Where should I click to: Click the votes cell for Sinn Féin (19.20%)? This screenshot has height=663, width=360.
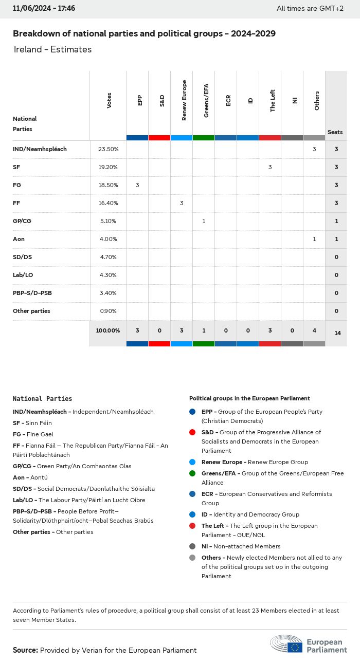[108, 167]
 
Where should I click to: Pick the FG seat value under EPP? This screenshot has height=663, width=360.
[137, 185]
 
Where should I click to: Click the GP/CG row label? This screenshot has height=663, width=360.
[22, 221]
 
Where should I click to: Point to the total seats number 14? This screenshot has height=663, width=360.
[337, 333]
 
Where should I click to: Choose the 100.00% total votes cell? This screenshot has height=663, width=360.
[108, 330]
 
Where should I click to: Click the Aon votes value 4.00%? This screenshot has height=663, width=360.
[108, 239]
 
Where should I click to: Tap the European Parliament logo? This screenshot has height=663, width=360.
[309, 643]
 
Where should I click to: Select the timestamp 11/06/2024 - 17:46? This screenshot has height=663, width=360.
[44, 8]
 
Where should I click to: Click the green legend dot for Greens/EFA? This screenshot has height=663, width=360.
[192, 473]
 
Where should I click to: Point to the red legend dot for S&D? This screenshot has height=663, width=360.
[192, 432]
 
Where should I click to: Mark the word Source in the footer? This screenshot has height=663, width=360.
[25, 650]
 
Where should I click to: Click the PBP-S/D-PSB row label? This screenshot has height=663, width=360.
[32, 293]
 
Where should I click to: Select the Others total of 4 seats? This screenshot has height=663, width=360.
[314, 330]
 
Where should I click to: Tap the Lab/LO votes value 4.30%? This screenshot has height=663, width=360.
[108, 275]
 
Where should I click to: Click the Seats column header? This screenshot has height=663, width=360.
[335, 132]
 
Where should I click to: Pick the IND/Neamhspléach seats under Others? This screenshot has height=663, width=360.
[314, 149]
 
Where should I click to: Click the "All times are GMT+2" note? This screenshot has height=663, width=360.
[310, 8]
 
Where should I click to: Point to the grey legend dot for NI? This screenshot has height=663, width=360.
[192, 546]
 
